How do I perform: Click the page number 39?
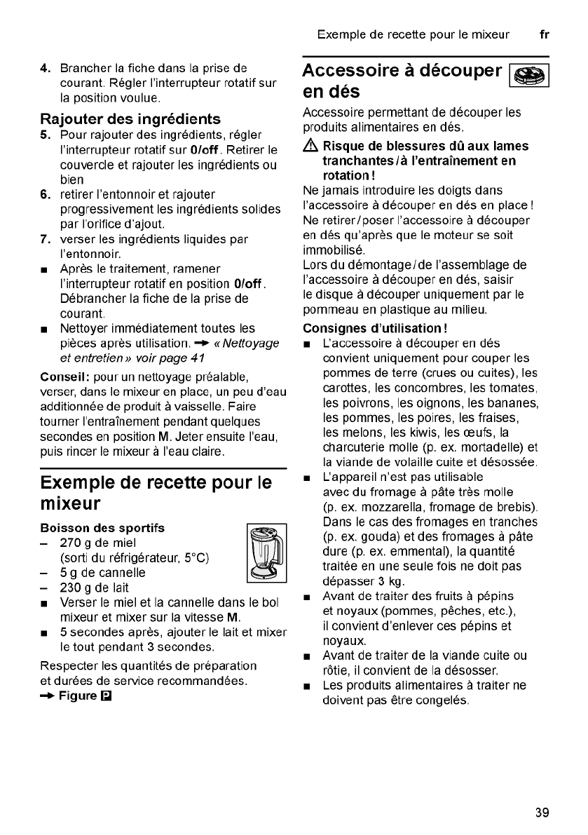[x=541, y=813]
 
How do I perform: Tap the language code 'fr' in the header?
[x=544, y=34]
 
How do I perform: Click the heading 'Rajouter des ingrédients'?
[x=130, y=118]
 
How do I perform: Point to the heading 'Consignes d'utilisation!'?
[x=375, y=328]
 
